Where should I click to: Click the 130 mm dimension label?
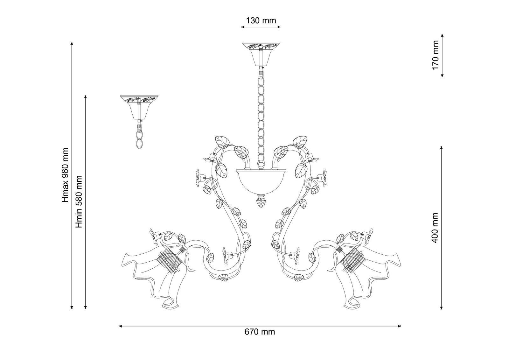pos(261,21)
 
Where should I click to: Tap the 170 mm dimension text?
pos(435,55)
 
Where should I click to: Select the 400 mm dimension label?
pos(435,228)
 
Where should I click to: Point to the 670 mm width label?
pos(260,332)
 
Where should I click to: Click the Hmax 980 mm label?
pos(65,175)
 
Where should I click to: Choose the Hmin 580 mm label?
pos(79,202)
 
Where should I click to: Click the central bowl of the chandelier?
pos(261,181)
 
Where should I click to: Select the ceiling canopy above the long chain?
pos(261,54)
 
